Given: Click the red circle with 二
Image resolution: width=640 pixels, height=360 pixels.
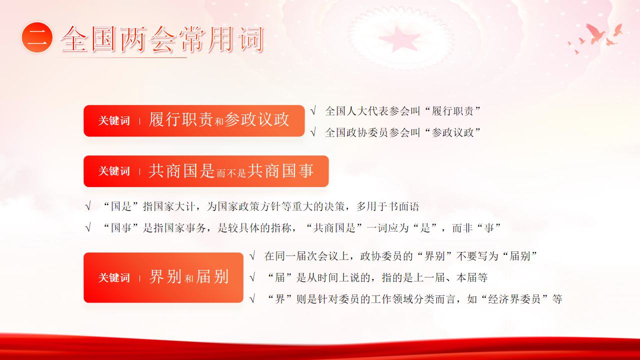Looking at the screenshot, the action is point(37,37).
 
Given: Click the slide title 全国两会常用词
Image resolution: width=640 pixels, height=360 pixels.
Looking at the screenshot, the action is point(161,39).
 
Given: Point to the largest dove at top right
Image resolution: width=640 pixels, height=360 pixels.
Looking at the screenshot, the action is point(595,33).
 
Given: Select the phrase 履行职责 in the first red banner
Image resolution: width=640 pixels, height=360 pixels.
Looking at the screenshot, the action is point(181,119).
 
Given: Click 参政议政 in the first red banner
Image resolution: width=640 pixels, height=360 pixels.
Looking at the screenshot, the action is point(257,119).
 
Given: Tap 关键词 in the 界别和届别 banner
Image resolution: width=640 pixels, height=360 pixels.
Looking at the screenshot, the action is point(114,277).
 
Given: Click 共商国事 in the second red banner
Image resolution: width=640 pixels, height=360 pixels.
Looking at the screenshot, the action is point(280,171).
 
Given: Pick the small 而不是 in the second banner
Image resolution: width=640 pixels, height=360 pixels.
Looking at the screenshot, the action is point(231,173).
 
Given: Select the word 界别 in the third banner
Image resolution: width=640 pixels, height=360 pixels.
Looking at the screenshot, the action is point(165,276).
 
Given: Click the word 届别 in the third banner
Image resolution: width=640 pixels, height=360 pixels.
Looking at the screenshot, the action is point(212,276).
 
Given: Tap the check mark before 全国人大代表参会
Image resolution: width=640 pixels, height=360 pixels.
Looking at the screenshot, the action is point(313,111).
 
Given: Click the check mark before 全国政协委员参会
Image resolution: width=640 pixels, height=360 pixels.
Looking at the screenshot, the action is point(313,132).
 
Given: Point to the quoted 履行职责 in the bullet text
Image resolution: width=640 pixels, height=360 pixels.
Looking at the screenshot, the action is point(452,111).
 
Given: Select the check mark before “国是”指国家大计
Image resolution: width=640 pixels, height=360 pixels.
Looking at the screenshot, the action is point(88,206).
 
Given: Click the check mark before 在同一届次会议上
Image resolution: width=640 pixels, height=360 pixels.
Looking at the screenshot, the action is point(252,256).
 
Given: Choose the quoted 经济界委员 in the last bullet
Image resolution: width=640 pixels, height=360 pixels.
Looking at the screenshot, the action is point(515,299).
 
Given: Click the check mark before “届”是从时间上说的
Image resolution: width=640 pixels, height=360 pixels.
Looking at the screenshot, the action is point(252,277).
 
